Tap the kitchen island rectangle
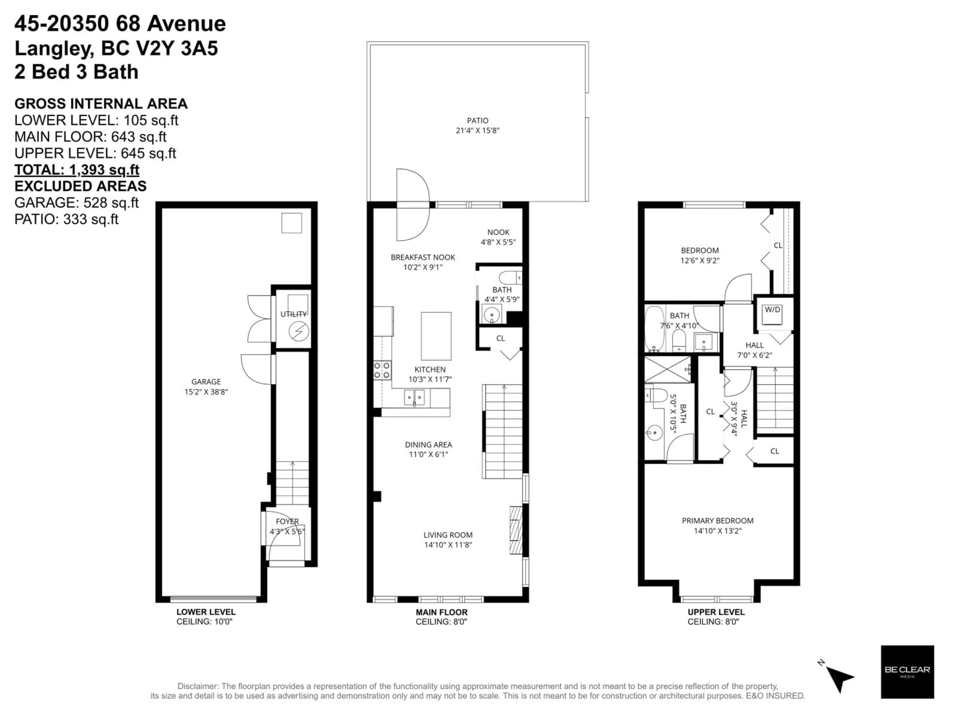click(436, 336)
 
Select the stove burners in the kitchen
click(382, 370)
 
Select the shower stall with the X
click(667, 369)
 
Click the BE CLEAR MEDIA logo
click(907, 672)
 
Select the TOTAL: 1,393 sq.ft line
click(77, 170)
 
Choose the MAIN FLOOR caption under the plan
click(441, 612)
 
